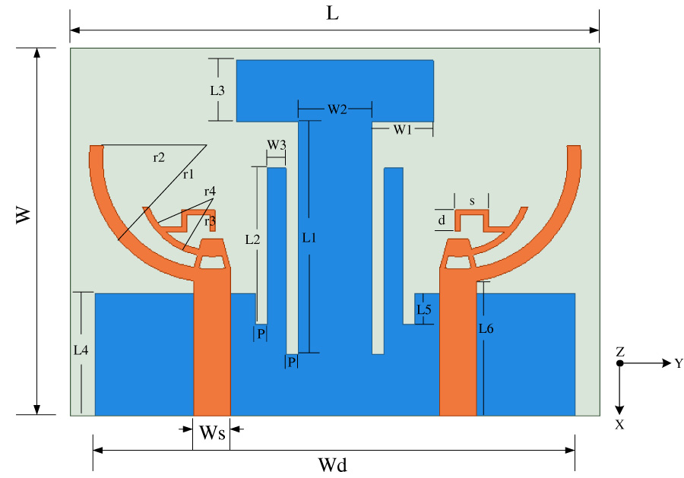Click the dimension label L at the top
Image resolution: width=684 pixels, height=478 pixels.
click(x=332, y=14)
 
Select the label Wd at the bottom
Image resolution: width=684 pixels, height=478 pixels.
click(x=333, y=463)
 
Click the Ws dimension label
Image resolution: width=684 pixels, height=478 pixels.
click(x=212, y=433)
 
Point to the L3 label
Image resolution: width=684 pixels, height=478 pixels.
click(x=217, y=90)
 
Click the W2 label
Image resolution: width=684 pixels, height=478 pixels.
click(x=337, y=109)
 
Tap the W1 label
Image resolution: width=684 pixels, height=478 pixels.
click(x=402, y=129)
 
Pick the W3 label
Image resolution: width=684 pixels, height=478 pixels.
click(x=276, y=144)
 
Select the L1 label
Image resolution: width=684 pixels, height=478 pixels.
click(x=309, y=238)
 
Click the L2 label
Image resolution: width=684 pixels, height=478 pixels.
click(x=253, y=239)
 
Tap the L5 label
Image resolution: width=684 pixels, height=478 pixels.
click(x=423, y=309)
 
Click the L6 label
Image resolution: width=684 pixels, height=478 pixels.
click(x=486, y=328)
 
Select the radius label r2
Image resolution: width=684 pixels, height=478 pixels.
click(x=159, y=158)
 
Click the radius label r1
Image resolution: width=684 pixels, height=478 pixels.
click(x=187, y=174)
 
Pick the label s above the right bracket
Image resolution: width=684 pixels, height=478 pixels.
click(x=472, y=201)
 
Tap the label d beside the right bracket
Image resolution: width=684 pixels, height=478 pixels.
click(x=441, y=220)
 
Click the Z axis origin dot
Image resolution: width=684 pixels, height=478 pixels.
click(x=620, y=363)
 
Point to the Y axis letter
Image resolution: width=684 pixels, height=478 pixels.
click(x=679, y=363)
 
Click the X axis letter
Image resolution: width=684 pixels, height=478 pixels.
click(x=620, y=425)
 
